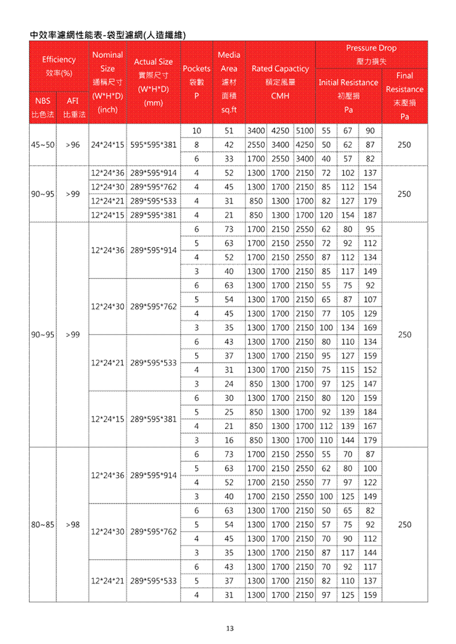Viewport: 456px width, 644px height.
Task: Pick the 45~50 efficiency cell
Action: point(42,145)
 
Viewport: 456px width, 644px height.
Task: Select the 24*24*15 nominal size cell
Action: point(108,145)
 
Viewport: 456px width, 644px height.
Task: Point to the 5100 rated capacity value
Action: point(304,131)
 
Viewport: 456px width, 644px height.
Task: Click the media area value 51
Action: point(229,131)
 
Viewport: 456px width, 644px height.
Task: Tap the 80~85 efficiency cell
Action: point(42,524)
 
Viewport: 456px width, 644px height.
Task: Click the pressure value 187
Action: point(370,216)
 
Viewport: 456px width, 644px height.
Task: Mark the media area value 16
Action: point(229,440)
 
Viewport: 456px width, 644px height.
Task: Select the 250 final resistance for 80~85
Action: point(404,524)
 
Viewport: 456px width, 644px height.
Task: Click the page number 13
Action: point(229,629)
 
